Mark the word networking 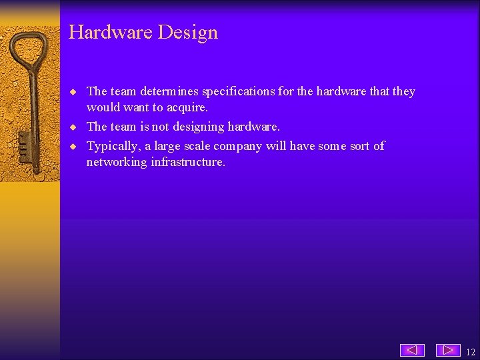[x=117, y=162]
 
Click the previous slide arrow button [x=412, y=350]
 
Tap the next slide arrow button [x=448, y=350]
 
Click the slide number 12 [x=471, y=352]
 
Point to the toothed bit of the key [x=24, y=144]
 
